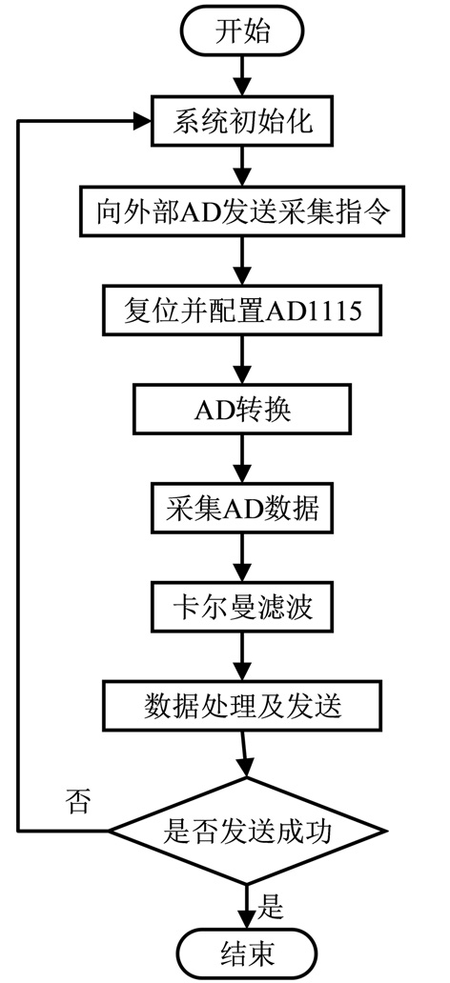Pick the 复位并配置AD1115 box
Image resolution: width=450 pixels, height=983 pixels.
[x=243, y=311]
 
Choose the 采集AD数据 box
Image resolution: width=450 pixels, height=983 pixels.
[x=242, y=509]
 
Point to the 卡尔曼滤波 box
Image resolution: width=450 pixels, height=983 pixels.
[x=242, y=608]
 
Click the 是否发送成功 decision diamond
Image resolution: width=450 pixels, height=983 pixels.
[x=245, y=832]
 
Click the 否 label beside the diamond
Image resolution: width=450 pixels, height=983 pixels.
[x=78, y=803]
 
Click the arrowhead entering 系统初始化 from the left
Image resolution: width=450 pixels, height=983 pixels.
[x=142, y=121]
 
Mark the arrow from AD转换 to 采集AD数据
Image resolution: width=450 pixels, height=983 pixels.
[x=241, y=459]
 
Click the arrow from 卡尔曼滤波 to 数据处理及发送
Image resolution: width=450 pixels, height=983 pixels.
[x=241, y=657]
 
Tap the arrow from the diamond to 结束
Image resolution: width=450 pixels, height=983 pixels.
[x=245, y=907]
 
